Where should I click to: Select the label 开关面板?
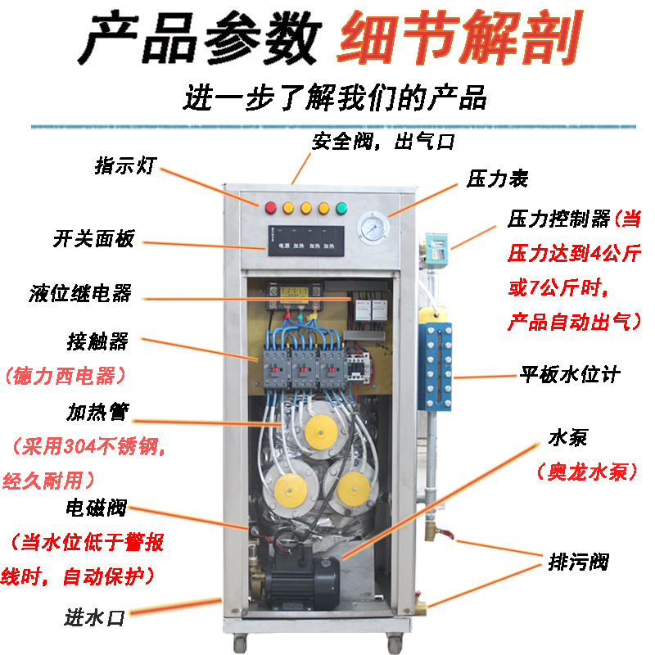(93, 240)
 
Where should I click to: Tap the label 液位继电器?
(91, 293)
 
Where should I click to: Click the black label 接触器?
(97, 341)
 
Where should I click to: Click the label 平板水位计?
(570, 375)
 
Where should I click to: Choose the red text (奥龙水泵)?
(581, 472)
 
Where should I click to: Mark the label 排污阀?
(578, 562)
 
